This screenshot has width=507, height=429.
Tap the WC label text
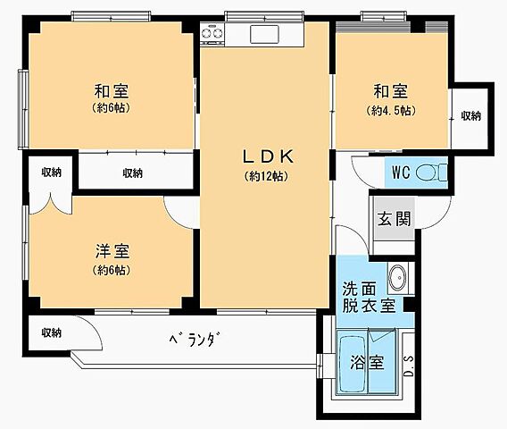pos(401,172)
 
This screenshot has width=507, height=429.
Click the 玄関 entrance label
pos(393,219)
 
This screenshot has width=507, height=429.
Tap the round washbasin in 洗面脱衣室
pos(398,278)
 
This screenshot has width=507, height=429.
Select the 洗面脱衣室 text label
pos(369,297)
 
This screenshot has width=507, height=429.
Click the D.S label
pos(408,364)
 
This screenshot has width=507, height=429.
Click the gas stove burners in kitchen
pos(212,34)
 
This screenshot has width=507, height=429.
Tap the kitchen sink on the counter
pos(265,34)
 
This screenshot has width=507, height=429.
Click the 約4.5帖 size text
pos(392,112)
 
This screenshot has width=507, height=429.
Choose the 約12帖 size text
pos(267,176)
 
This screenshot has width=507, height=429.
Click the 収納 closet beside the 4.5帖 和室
pos(470,116)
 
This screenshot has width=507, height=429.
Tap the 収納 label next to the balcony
pos(51,332)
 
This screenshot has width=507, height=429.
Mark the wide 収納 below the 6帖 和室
pos(132,172)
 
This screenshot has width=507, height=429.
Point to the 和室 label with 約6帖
pos(112,91)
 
